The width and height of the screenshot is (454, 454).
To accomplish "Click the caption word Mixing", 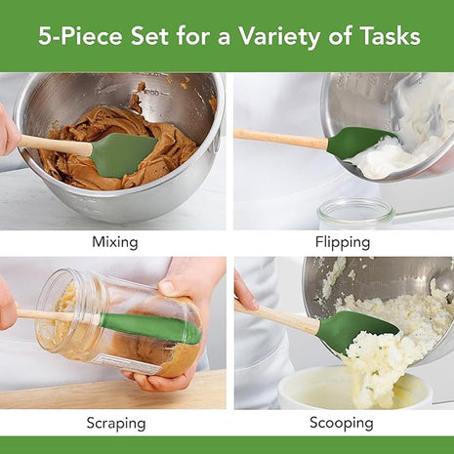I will pyautogui.click(x=114, y=241).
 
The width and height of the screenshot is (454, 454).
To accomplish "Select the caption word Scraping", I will pyautogui.click(x=114, y=423).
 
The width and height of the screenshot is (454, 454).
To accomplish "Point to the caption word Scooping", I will pyautogui.click(x=341, y=423).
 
